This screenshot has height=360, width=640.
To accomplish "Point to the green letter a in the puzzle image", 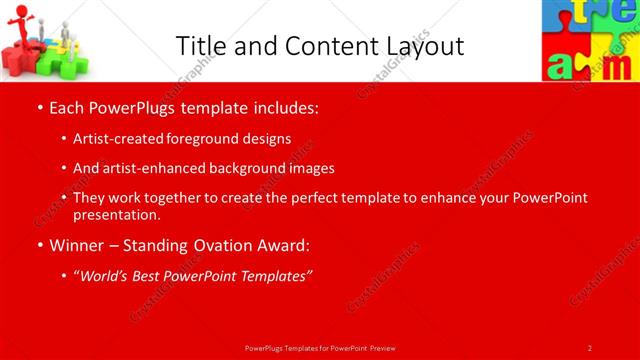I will [x=562, y=66].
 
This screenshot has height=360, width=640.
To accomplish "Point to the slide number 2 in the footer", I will [x=590, y=347].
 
